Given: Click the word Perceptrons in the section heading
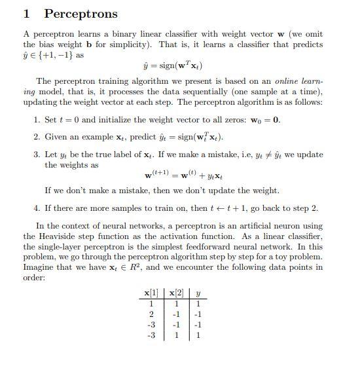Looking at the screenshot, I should tap(81, 14).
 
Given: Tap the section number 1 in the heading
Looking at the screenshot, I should tap(27, 14).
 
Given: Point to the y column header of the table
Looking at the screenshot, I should tap(198, 293).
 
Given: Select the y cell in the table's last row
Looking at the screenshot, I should tap(198, 335).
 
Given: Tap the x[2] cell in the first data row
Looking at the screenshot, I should tap(176, 303).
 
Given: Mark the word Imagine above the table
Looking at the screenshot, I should tap(40, 267).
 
